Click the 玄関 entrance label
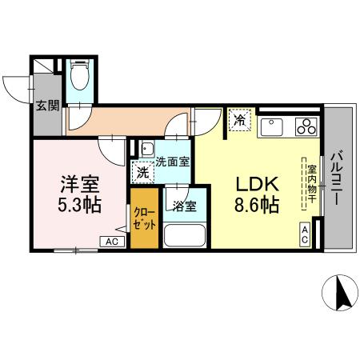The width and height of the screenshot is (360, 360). pos(47,105)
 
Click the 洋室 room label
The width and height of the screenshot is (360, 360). pos(78,182)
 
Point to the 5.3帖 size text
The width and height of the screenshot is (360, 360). pos(78,204)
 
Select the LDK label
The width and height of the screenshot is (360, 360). pos(255,182)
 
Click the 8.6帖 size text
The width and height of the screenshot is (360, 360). pos(255,205)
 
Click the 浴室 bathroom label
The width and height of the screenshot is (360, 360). pos(183,205)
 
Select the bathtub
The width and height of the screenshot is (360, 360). pos(184,236)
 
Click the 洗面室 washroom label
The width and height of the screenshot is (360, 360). pos(172,161)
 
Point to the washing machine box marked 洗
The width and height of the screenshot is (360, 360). pos(142,171)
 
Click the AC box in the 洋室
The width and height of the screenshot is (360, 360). pos(111,241)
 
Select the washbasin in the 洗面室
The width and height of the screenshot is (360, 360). pos(147,150)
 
